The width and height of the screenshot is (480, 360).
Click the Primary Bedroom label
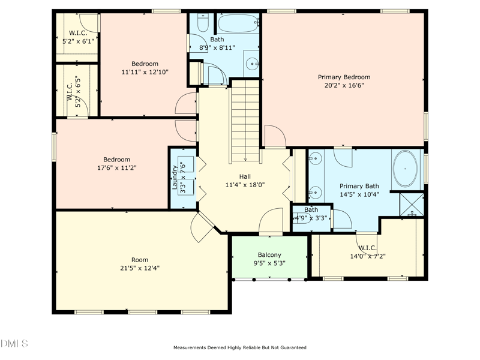click(344, 77)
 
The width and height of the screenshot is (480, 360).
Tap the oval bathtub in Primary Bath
click(406, 169)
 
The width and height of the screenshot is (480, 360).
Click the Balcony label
click(269, 255)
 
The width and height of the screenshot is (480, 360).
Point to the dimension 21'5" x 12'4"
click(140, 268)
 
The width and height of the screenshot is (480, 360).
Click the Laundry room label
click(175, 178)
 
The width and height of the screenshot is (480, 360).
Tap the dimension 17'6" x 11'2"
click(116, 168)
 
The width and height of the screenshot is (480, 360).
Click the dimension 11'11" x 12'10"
click(145, 72)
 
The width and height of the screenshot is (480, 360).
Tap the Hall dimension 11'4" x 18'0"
click(245, 185)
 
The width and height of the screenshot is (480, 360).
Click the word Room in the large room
click(140, 260)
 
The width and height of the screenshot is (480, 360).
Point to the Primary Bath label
click(359, 186)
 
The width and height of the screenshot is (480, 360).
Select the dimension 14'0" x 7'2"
click(367, 256)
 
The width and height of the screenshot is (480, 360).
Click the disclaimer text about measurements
click(240, 347)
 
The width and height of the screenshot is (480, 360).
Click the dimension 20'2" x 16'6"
click(344, 85)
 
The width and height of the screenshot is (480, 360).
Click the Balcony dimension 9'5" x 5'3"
click(269, 263)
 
